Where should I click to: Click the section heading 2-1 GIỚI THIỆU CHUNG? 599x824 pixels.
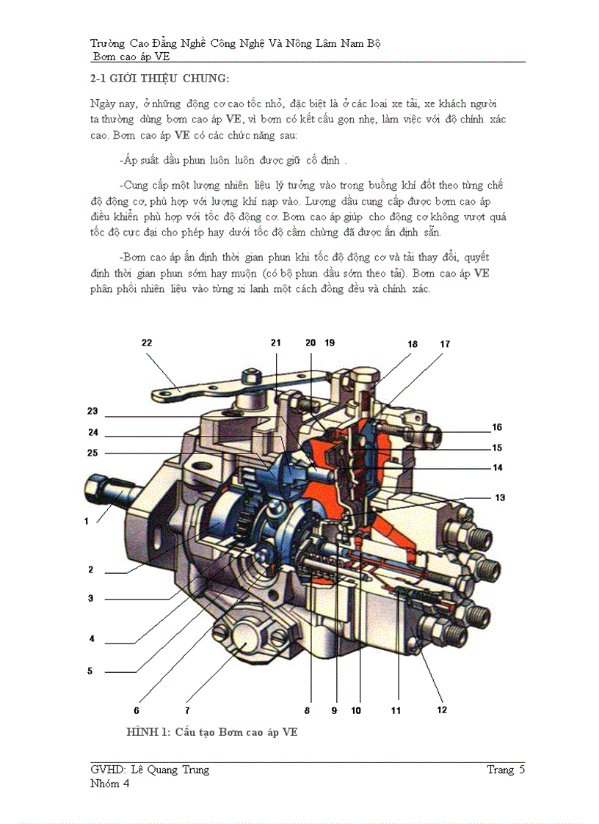click(159, 79)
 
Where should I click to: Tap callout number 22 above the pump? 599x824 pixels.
click(147, 343)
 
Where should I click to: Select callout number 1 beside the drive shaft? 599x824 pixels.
click(87, 521)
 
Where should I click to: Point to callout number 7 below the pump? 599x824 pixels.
click(187, 710)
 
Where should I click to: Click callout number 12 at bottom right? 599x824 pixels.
click(442, 710)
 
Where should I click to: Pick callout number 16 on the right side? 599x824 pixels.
click(497, 426)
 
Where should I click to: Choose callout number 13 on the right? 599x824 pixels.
click(500, 497)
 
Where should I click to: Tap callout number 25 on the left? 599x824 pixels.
click(92, 453)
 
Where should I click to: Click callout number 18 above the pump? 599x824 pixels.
click(413, 343)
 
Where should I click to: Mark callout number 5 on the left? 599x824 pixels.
click(90, 671)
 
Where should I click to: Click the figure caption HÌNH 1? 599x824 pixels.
click(211, 732)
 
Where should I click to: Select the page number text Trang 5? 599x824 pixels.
click(506, 770)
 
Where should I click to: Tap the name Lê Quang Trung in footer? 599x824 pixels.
click(170, 770)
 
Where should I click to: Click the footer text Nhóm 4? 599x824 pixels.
click(109, 784)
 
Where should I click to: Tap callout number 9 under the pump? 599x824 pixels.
click(334, 710)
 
